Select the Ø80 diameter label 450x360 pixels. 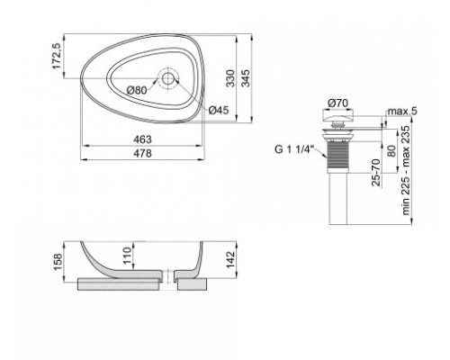[x=138, y=90]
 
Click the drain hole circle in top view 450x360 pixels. [x=168, y=78]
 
